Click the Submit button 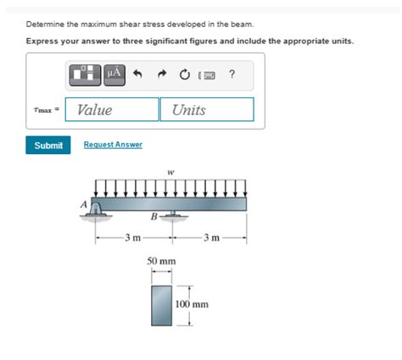click(48, 145)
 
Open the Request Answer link click(113, 145)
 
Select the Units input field click(207, 109)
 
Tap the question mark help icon click(232, 75)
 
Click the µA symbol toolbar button click(114, 75)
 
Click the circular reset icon click(184, 75)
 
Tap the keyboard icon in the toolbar click(209, 76)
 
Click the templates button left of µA click(87, 75)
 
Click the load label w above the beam click(171, 172)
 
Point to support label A click(83, 204)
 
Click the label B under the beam click(153, 217)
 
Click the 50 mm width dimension click(161, 262)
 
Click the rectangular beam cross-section click(161, 305)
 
